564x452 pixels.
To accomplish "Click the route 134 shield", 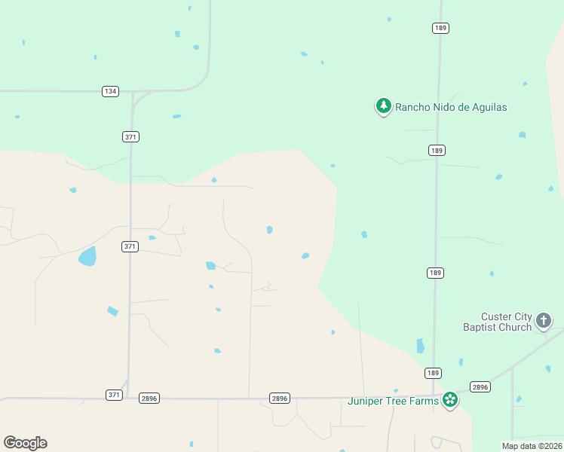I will tap(111, 91).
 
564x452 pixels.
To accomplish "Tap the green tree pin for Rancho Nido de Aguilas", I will tap(384, 106).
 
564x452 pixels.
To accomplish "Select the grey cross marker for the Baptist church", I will tap(544, 322).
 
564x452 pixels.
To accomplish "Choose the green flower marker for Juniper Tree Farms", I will tap(450, 400).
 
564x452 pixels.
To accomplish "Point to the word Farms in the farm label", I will tap(425, 401).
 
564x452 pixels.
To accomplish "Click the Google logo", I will tap(25, 443).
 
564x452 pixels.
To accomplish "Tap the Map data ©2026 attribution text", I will tap(532, 446).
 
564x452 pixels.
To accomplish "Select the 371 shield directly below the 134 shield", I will tap(130, 136).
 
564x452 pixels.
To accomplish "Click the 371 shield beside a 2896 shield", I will tap(114, 395).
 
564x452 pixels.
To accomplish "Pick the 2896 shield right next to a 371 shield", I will tap(149, 398).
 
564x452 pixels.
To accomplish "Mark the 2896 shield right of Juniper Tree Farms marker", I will tap(480, 386).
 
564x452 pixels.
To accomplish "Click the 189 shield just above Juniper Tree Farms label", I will tap(433, 373).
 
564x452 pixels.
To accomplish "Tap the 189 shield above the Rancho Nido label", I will tap(441, 28).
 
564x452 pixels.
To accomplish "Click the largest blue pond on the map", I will tap(87, 256).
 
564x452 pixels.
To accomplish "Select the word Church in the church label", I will tap(516, 328).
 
